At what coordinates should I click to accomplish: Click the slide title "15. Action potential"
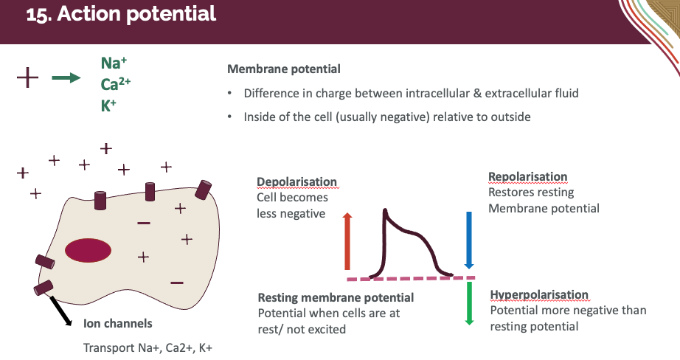click(121, 15)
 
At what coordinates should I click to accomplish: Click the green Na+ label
click(111, 64)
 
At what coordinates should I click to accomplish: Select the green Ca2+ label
click(116, 84)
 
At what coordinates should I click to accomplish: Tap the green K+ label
click(109, 105)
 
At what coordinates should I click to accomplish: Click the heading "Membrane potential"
click(284, 69)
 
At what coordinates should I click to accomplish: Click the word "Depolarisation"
click(296, 182)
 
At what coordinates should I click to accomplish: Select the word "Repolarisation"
click(528, 177)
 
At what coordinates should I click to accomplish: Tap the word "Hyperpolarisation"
click(540, 296)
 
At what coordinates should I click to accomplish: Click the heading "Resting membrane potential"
click(336, 297)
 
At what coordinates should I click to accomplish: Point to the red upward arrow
click(348, 240)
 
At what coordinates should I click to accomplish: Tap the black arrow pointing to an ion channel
click(60, 309)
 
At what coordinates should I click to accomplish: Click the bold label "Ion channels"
click(118, 323)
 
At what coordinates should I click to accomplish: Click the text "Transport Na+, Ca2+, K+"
click(148, 347)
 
